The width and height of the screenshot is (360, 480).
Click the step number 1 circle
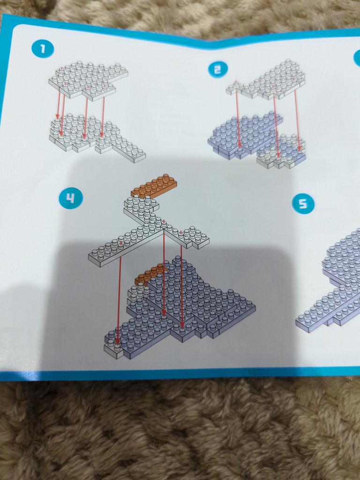pos(43,48)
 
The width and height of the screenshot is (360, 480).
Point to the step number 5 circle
pos(303,203)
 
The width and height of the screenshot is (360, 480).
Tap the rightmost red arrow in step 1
pos(103,117)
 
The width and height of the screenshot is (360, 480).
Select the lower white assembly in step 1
pos(95,136)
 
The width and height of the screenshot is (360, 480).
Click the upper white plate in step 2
pos(267,80)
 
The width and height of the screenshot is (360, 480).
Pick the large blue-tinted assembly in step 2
pos(243,135)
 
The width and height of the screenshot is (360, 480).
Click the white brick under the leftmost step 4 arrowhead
pos(113,350)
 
